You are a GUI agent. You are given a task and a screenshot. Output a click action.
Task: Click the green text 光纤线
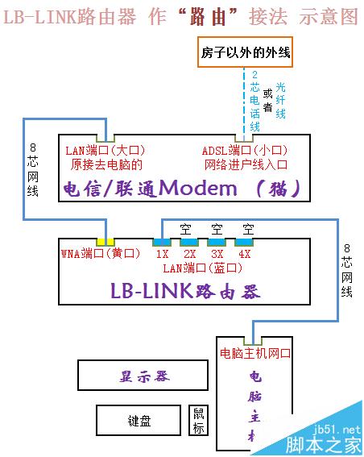(x=280, y=101)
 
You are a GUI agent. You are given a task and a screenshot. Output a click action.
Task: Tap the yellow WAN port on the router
(x=105, y=241)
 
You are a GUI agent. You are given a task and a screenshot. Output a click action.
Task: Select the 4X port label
(x=244, y=254)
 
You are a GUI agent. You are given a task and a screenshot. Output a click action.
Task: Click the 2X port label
(x=189, y=254)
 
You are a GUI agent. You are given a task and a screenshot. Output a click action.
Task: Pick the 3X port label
(x=217, y=254)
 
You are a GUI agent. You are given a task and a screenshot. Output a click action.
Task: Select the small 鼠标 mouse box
(x=199, y=420)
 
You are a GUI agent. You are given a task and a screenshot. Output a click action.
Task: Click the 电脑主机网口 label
(x=255, y=354)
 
